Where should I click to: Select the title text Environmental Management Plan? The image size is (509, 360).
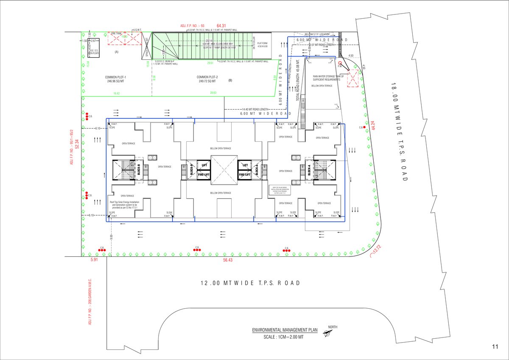pyautogui.click(x=285, y=330)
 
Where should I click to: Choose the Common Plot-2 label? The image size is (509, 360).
pyautogui.click(x=206, y=79)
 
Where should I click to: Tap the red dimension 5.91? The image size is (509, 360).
pyautogui.click(x=94, y=260)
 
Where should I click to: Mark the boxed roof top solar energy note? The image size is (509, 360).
pyautogui.click(x=277, y=190)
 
